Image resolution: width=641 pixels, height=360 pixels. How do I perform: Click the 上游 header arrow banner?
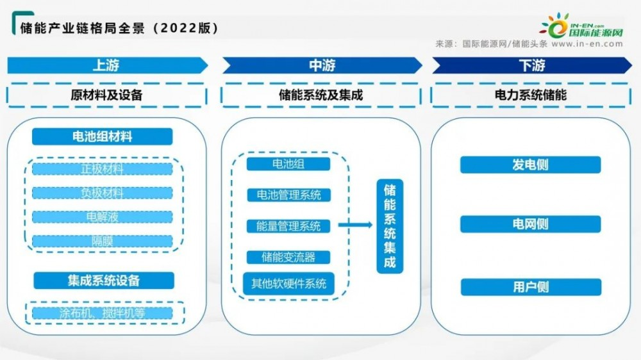(x=107, y=65)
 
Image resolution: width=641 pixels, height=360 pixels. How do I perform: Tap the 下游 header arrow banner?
(x=531, y=65)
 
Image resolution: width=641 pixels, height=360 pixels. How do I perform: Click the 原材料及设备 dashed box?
(x=106, y=95)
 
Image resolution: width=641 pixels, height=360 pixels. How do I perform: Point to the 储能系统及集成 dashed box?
(x=321, y=95)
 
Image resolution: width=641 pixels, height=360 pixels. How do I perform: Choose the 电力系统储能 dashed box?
(x=531, y=95)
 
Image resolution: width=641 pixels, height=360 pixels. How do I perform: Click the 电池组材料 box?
(x=103, y=136)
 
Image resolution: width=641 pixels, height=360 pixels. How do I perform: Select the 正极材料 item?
(x=103, y=169)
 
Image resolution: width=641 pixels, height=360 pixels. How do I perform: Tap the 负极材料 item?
(x=103, y=193)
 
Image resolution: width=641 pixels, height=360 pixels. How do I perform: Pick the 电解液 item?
(x=103, y=217)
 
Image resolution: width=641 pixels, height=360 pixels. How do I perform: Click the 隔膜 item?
(x=103, y=241)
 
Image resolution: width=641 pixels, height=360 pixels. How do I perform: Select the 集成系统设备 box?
(x=103, y=281)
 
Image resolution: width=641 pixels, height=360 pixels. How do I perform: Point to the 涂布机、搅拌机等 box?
(x=103, y=313)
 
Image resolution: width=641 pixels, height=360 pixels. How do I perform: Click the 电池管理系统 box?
(x=288, y=195)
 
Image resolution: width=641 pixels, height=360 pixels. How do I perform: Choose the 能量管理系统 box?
(x=288, y=226)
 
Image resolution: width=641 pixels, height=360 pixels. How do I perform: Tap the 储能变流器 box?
(x=288, y=258)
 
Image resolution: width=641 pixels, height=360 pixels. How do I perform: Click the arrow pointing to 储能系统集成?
(x=356, y=224)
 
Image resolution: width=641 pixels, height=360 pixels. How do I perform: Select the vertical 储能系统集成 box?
(x=390, y=226)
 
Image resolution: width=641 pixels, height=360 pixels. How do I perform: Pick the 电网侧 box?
(x=531, y=224)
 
